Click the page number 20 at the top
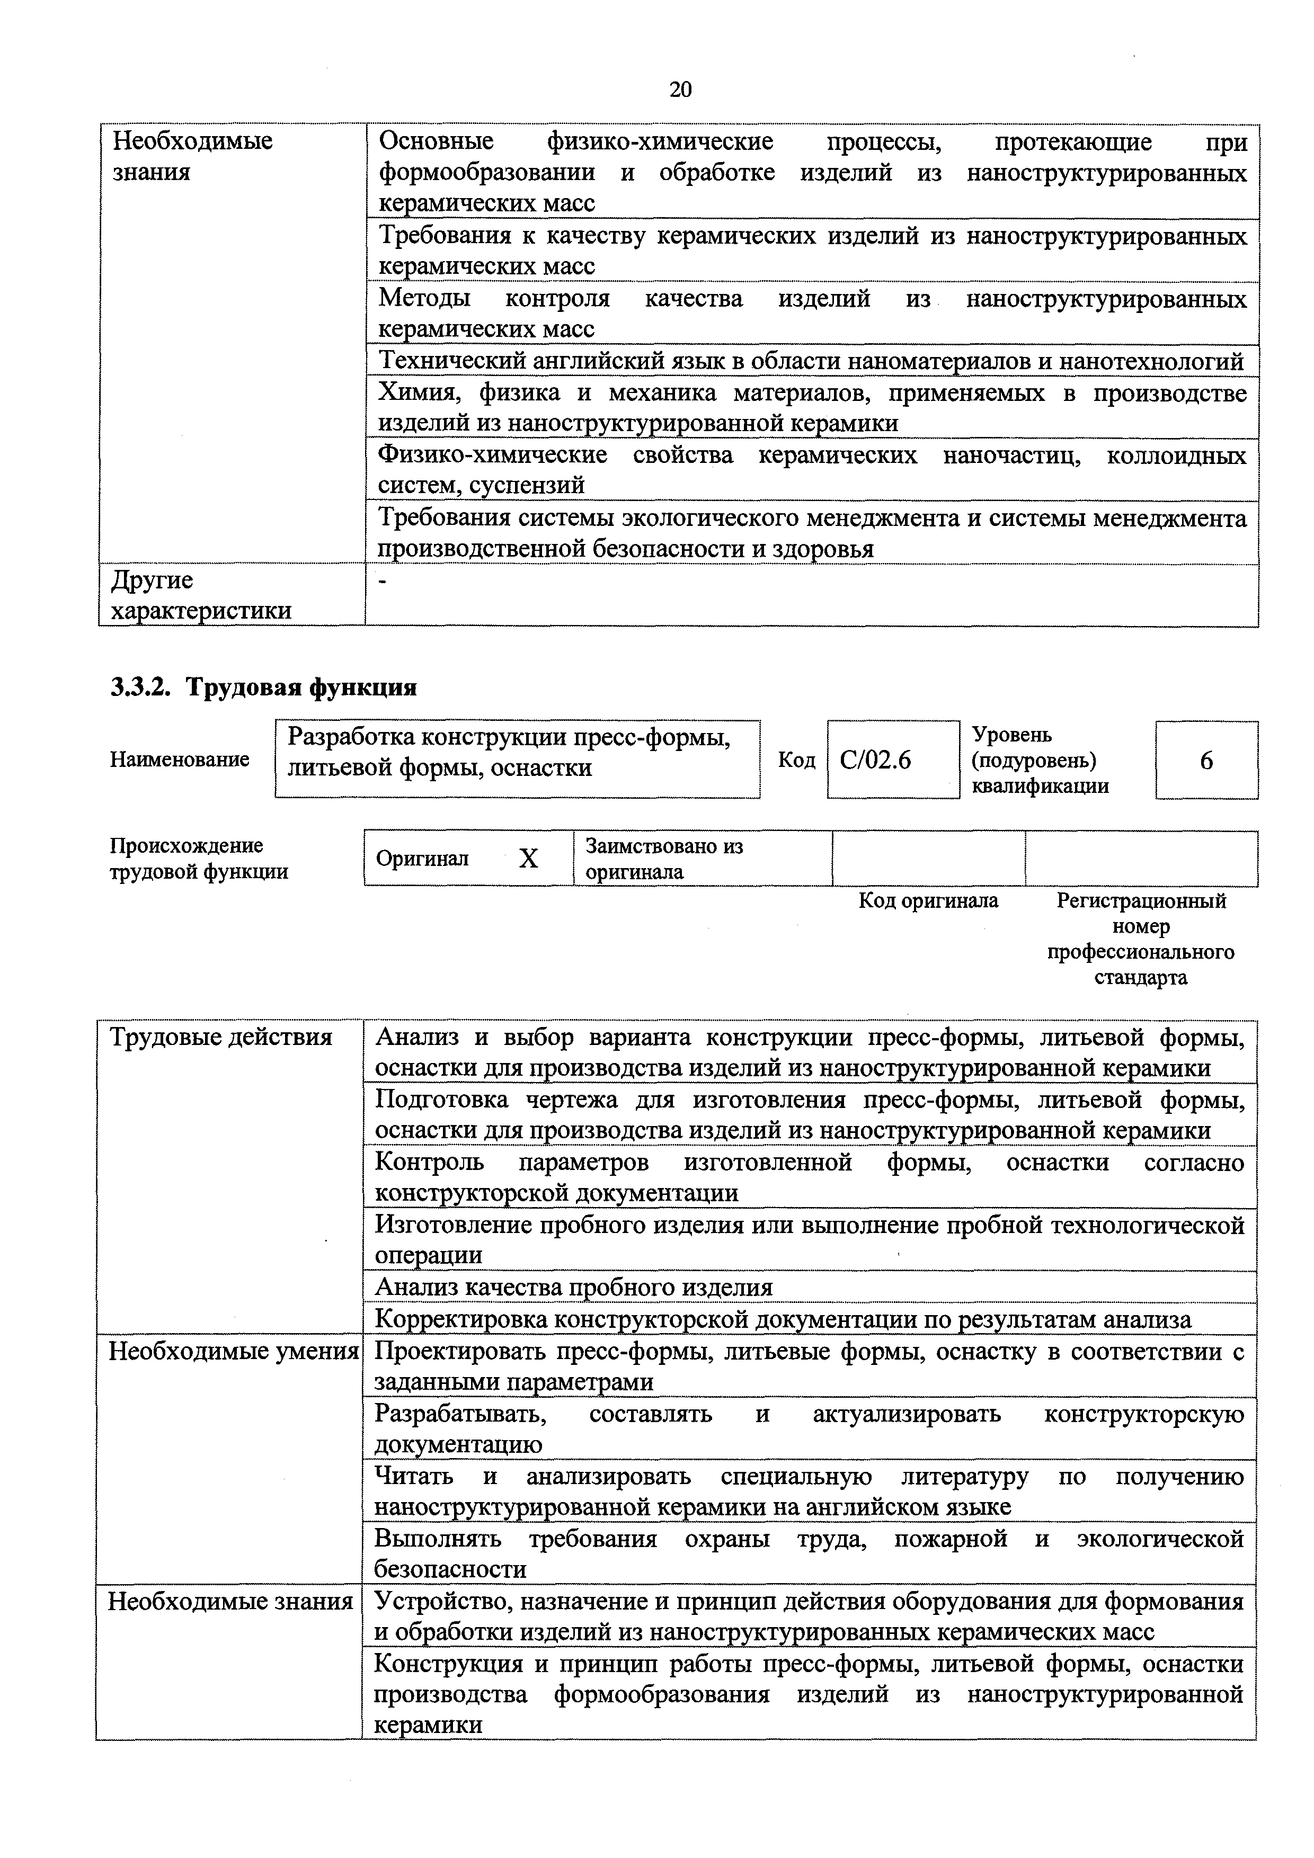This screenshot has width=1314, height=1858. [680, 89]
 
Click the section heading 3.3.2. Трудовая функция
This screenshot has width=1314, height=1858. [263, 687]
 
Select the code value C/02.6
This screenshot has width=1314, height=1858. [875, 760]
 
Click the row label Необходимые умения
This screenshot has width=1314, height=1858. [233, 1352]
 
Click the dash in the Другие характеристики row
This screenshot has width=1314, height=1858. [384, 581]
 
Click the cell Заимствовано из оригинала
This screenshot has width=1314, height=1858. [664, 859]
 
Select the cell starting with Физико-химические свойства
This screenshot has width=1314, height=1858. [811, 469]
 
